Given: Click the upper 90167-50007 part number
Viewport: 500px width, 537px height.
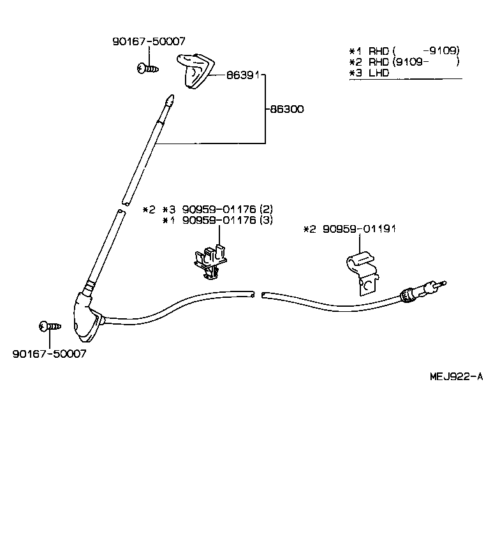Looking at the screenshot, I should point(149,41).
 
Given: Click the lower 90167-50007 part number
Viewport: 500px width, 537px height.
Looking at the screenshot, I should point(49,353).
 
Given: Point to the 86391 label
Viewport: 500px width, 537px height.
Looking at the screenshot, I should point(243,75).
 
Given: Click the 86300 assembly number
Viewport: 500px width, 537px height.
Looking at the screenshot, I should point(286,109).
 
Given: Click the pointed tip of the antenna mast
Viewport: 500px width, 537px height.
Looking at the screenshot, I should point(169,99).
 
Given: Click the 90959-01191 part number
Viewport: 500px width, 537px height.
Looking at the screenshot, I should point(358,228).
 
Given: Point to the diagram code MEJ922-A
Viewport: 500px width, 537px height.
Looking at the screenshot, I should point(455,376).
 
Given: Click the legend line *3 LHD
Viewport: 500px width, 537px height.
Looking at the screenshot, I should point(369,73).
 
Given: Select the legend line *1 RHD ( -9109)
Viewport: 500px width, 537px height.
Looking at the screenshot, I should point(404,50).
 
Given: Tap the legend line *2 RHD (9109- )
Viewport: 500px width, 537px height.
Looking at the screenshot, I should point(404,62).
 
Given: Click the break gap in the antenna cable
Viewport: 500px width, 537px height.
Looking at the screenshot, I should point(258,295).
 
